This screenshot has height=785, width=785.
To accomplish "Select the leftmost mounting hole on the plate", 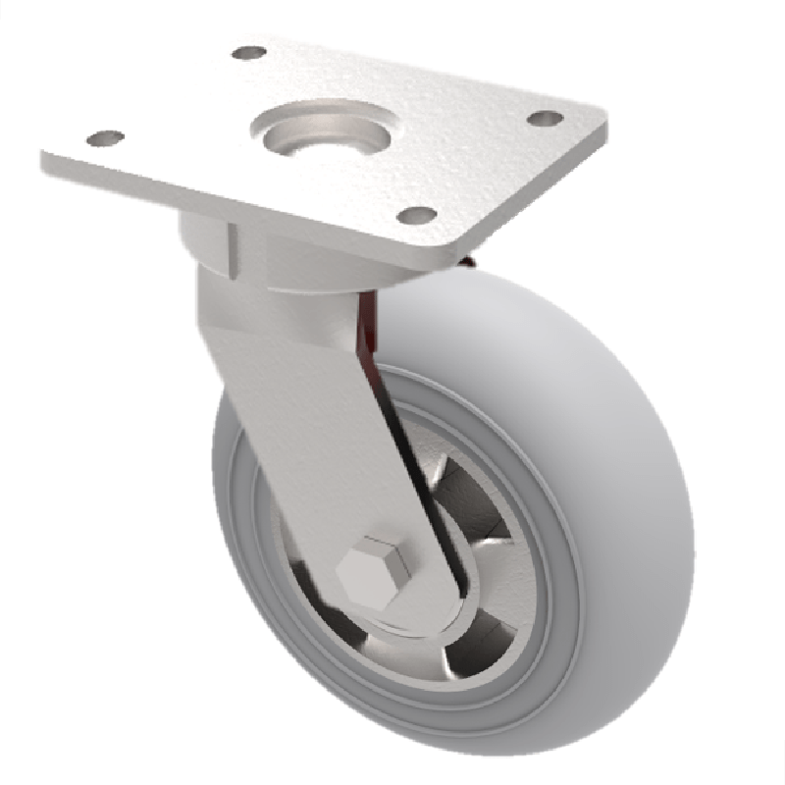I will point(104,138).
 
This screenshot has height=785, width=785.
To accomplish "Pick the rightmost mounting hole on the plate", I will point(545,118).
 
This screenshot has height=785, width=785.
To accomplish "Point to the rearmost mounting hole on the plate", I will point(249,51).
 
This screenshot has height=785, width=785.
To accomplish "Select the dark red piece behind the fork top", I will point(370,324).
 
